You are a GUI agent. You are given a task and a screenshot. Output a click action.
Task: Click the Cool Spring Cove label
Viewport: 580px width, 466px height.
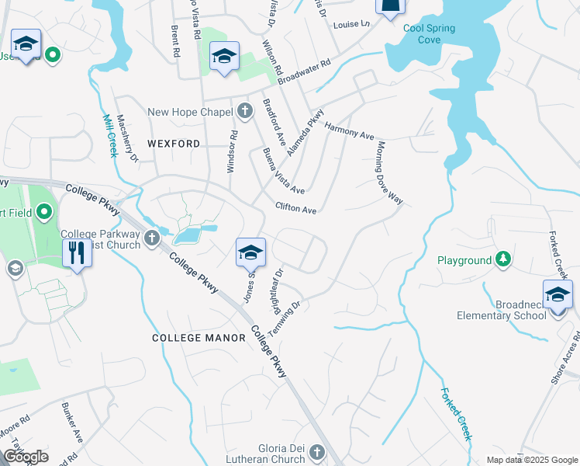429,33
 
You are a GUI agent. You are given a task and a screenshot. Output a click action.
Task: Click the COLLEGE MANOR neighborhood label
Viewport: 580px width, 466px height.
198,338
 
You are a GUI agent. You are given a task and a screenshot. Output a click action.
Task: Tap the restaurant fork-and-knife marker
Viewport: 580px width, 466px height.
77,253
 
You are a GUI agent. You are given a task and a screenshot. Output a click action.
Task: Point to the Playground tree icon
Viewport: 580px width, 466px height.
504,260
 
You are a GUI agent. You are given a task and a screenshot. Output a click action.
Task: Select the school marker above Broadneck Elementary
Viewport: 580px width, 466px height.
557,294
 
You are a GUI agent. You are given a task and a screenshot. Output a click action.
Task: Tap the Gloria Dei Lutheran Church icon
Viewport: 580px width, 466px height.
316,451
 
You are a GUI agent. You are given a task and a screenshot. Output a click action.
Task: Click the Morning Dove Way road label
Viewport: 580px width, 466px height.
390,172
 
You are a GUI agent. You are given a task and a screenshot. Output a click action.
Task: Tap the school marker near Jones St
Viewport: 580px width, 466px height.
250,252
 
